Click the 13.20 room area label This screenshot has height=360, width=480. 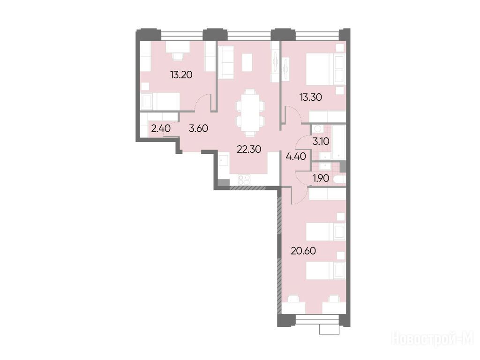pos(181,75)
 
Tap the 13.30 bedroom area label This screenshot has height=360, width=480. pos(311,97)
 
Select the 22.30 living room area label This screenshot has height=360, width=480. pos(249,150)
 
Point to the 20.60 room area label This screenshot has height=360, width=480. pos(303,251)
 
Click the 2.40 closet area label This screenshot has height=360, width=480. pos(161,128)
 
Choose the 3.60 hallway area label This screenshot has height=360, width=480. pos(198,128)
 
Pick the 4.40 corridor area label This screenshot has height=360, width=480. pos(296,157)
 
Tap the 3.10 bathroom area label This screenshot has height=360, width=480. pos(321,142)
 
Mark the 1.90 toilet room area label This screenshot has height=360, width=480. pos(321,178)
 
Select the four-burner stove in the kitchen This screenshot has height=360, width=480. pos(244,180)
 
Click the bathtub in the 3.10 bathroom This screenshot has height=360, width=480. pos(339,142)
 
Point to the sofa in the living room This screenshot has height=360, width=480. pos(225,62)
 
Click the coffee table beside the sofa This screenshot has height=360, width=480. pos(247,62)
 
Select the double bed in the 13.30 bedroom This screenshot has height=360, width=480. pos(326,69)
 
